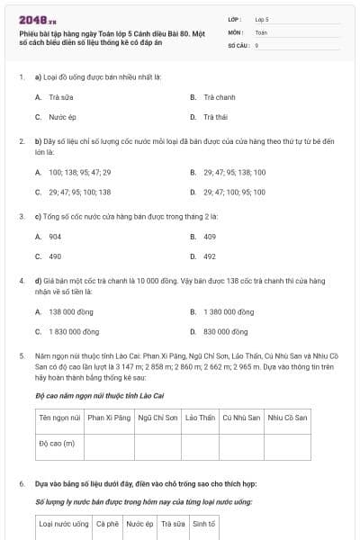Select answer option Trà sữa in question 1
(x=59, y=96)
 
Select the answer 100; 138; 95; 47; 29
(x=79, y=172)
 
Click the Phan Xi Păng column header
(x=110, y=418)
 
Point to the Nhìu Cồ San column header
(x=287, y=418)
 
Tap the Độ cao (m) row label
(x=57, y=443)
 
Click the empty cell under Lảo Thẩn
(x=200, y=443)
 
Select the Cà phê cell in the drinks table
(x=107, y=523)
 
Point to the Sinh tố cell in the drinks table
(x=203, y=523)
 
